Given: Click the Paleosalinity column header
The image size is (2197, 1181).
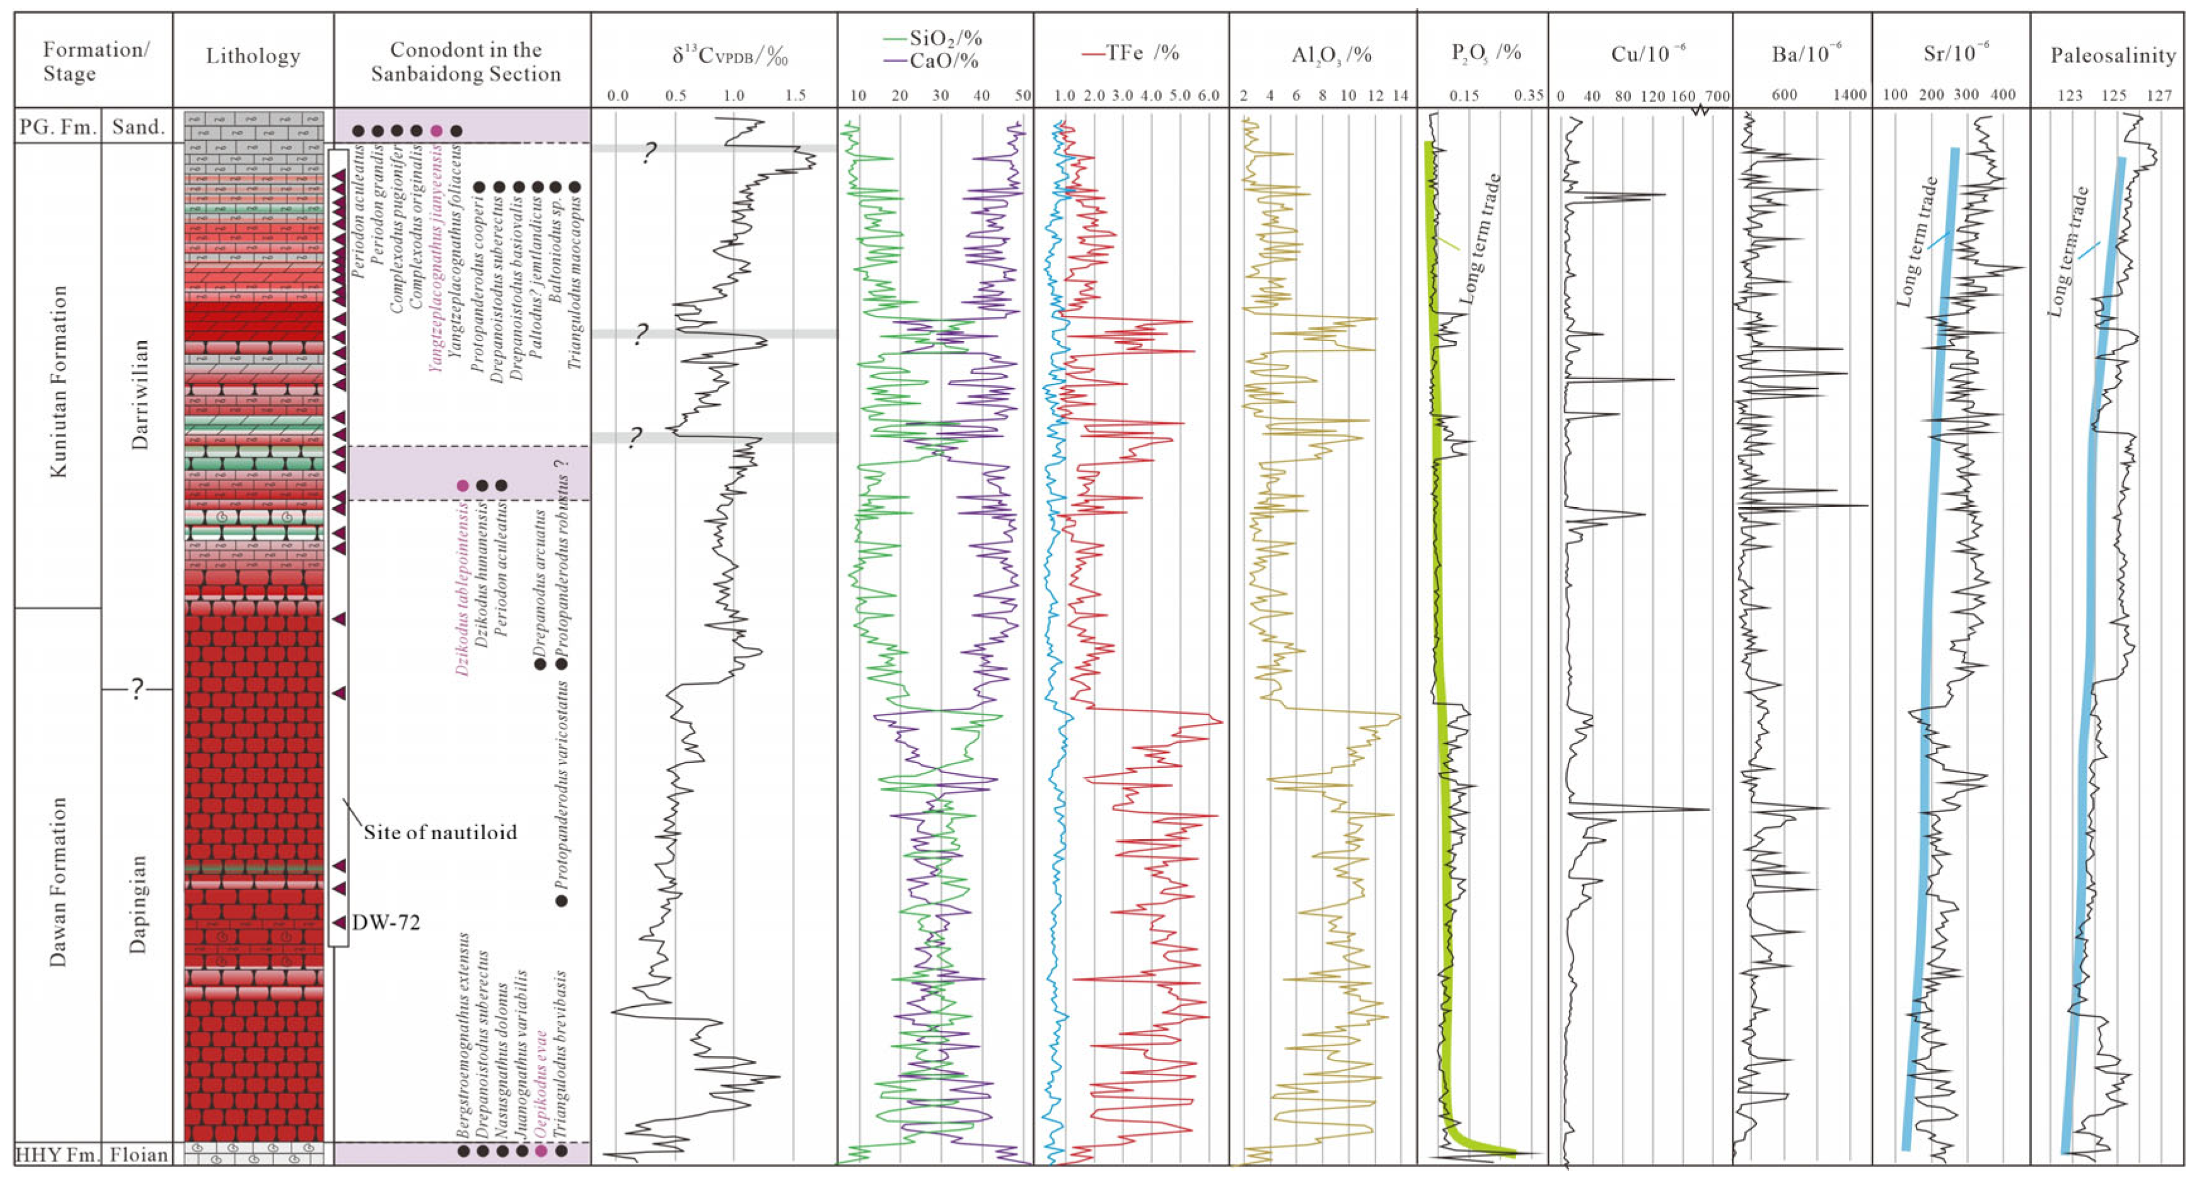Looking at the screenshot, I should (2113, 56).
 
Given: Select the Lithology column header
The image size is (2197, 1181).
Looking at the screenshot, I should (253, 56).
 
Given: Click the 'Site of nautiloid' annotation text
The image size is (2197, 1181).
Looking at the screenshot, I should (440, 832).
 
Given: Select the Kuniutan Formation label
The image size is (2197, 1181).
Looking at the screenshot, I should (58, 381).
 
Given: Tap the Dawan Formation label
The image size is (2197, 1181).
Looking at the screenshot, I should (58, 881).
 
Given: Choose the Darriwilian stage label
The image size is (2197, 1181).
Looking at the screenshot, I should (139, 394).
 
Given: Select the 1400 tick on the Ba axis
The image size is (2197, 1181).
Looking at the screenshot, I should (1849, 95).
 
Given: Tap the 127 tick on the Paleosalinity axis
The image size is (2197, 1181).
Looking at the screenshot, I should (2159, 95).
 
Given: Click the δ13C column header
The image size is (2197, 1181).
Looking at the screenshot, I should (730, 56).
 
